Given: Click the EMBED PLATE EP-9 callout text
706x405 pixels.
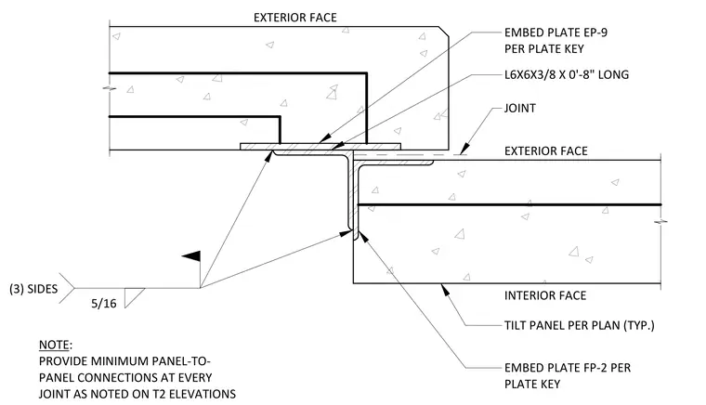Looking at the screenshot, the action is point(556,33).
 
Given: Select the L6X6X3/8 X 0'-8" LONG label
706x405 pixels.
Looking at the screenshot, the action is point(567,74).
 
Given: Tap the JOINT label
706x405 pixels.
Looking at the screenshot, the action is point(520,109).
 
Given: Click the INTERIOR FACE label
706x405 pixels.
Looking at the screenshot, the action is point(545,295).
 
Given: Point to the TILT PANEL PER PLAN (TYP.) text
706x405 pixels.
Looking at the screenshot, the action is point(579,325).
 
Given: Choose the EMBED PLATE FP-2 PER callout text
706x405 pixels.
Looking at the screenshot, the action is point(568,368).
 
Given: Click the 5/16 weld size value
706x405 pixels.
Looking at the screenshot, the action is point(104,304).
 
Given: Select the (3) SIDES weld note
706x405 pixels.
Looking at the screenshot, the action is point(33,289).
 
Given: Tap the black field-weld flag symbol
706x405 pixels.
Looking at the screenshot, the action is point(191,256).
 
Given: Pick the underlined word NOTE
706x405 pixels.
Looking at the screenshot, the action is point(55,346).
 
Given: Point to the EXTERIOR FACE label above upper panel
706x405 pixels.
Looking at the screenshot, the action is point(294,18).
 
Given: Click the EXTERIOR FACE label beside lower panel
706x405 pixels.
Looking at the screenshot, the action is point(545,151).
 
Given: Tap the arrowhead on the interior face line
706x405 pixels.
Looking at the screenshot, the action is point(445,290).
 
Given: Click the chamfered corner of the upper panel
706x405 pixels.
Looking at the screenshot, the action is point(443,32).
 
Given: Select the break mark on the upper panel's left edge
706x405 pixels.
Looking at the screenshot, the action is point(109,88).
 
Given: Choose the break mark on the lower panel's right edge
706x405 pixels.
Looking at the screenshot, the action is point(661,222).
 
